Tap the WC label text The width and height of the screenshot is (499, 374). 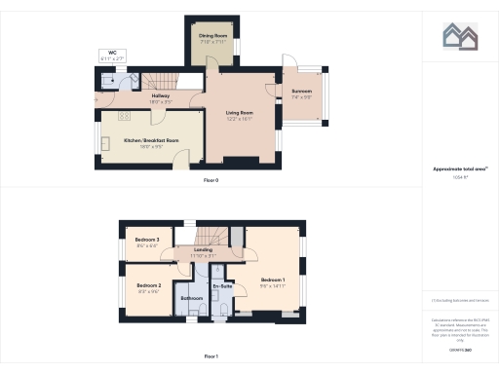(111, 56)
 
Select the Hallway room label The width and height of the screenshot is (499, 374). (162, 96)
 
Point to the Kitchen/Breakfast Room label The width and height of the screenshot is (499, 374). (151, 140)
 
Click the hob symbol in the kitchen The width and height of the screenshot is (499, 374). (125, 118)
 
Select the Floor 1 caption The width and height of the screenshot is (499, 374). (211, 356)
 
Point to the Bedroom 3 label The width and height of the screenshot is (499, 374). (147, 240)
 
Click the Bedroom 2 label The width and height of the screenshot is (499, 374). (148, 286)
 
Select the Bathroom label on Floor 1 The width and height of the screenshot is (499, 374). (191, 297)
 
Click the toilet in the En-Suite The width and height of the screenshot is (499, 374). (225, 310)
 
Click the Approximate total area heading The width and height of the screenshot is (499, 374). (459, 169)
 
